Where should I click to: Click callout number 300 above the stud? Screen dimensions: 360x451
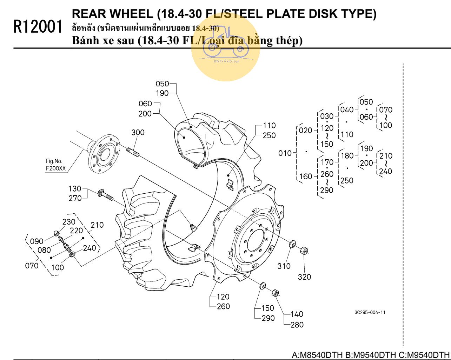[138, 133]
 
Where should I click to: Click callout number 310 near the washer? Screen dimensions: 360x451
[284, 266]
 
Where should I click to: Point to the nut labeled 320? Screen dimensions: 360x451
[304, 251]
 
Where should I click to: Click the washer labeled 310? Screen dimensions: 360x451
[292, 244]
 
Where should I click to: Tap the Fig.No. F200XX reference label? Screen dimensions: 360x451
[55, 165]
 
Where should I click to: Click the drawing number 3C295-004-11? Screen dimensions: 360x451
[370, 312]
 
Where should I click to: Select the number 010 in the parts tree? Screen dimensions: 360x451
[285, 153]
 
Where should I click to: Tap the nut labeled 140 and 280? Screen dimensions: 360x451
[276, 293]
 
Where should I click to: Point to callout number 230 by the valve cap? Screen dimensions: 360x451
[69, 222]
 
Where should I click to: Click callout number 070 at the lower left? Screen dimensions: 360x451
[32, 266]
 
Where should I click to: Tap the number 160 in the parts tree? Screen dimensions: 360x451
[306, 176]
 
